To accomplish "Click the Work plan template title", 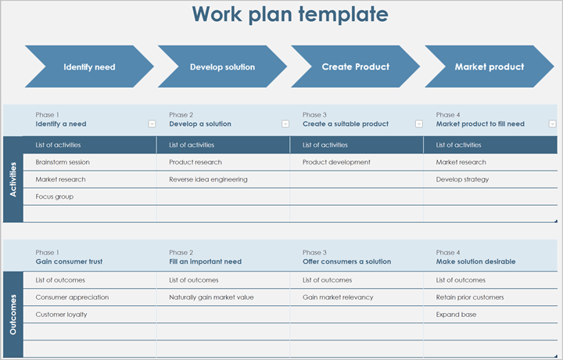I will click(x=289, y=15).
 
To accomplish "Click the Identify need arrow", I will click(x=89, y=67).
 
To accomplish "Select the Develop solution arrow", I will click(x=222, y=67).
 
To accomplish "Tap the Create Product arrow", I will click(x=356, y=67).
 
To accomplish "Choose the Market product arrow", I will click(x=489, y=67).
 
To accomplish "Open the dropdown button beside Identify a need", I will click(x=152, y=124).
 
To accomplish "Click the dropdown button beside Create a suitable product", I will click(x=419, y=124).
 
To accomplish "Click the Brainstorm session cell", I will click(x=63, y=162).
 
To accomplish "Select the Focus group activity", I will click(x=55, y=196).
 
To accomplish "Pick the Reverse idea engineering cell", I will click(x=208, y=179).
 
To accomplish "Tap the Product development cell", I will click(x=336, y=162).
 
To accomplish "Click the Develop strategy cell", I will click(x=462, y=179).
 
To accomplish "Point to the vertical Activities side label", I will click(x=13, y=179).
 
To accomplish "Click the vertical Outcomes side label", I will click(x=13, y=315).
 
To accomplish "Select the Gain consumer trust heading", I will click(x=69, y=261).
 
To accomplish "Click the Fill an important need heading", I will click(x=205, y=261).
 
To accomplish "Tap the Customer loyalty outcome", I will click(x=61, y=315).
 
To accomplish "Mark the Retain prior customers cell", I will click(x=470, y=297).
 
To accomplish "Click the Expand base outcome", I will click(x=457, y=315).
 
